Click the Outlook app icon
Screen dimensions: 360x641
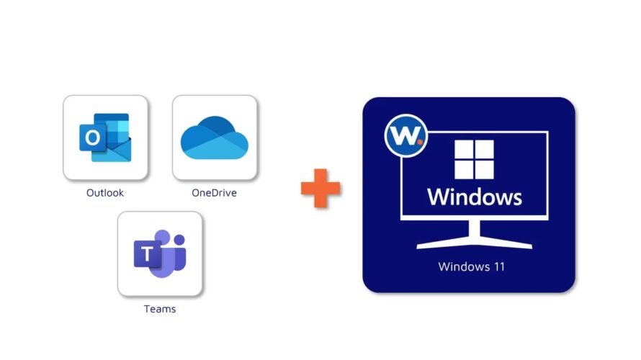[x=105, y=137]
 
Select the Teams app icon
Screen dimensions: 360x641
[x=160, y=253]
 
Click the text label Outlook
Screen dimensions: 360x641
[x=105, y=193]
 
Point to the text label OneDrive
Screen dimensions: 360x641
[x=214, y=193]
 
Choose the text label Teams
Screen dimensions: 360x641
[x=160, y=309]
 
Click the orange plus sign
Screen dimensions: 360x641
[x=320, y=189]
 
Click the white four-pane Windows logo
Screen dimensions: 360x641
[x=474, y=159]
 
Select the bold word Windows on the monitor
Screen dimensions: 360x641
[x=474, y=197]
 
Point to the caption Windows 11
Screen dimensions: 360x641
[x=472, y=267]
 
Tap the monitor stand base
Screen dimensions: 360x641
[x=474, y=245]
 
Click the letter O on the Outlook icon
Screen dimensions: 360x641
[x=91, y=137]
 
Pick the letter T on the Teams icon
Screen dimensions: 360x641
[x=148, y=253]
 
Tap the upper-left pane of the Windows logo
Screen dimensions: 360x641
[x=464, y=150]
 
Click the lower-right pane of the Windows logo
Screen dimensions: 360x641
[x=485, y=170]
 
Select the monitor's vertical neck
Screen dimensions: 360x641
[x=474, y=230]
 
